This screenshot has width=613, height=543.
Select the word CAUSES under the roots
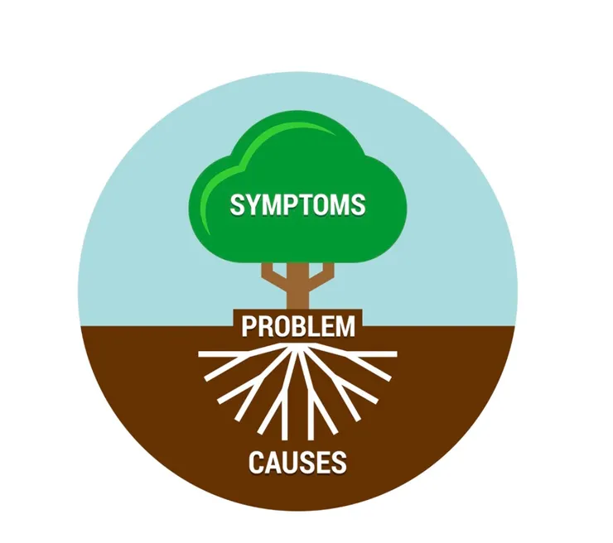(297, 462)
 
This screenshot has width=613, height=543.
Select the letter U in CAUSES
(289, 462)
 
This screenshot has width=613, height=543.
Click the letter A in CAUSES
(273, 462)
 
